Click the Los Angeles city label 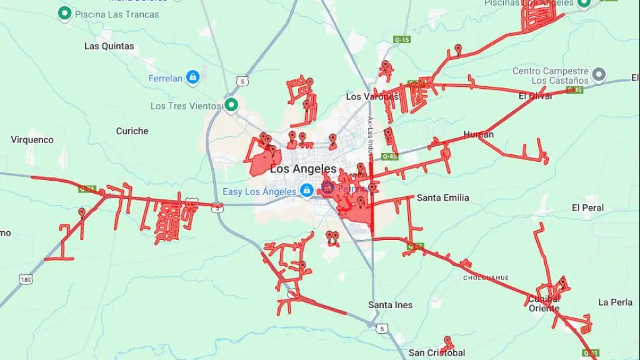coord(303,169)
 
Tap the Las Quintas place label coord(109,46)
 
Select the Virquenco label coord(32,140)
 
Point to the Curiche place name coord(132,131)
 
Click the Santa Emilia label coord(442,197)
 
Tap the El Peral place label coord(587,207)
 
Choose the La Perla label coord(615,302)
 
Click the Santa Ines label coord(390,305)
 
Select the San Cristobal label coord(437,352)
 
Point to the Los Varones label coord(364,97)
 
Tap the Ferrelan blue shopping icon coord(192,77)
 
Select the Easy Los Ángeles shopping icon coord(306,191)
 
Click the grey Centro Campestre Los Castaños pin coord(599,76)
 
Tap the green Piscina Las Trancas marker coord(64,12)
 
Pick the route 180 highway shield coord(26,279)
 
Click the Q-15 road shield coord(402,39)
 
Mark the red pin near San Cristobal coord(447,341)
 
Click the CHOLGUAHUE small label coord(486,277)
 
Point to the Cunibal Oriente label coord(544,303)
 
